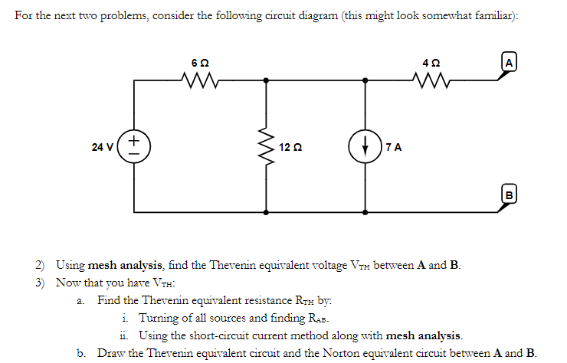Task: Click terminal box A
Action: tap(509, 61)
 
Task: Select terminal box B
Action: tap(508, 194)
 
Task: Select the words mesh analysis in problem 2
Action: tap(125, 266)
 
